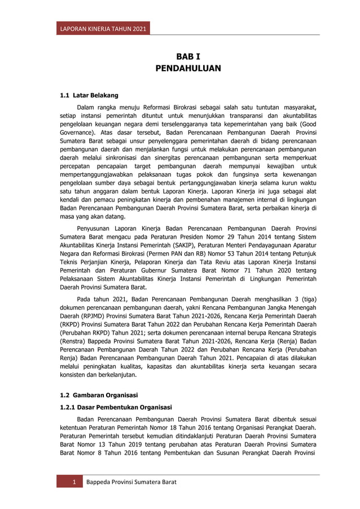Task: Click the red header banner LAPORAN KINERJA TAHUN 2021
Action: [x=103, y=29]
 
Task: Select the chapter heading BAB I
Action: [x=188, y=56]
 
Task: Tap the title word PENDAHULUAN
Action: [x=188, y=68]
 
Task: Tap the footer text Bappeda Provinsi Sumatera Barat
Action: [x=131, y=482]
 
